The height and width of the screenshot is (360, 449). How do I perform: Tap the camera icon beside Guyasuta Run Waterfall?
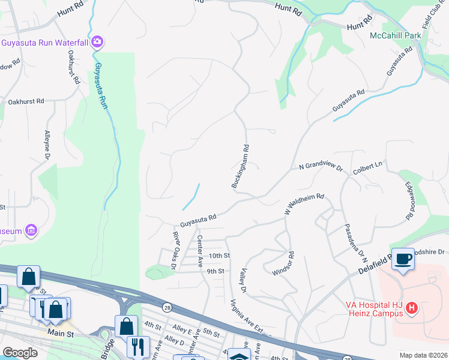tap(97, 42)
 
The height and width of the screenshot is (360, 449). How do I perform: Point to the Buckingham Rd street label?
tap(240, 166)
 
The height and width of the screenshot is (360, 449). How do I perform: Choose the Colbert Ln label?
tap(367, 168)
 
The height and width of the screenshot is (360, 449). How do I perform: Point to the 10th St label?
tap(219, 256)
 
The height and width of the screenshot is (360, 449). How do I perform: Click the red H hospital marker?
tap(412, 308)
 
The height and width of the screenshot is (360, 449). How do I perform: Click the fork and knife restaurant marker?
tap(138, 346)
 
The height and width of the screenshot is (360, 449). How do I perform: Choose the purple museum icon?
tap(31, 230)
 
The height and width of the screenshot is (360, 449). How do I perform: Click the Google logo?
tap(20, 353)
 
